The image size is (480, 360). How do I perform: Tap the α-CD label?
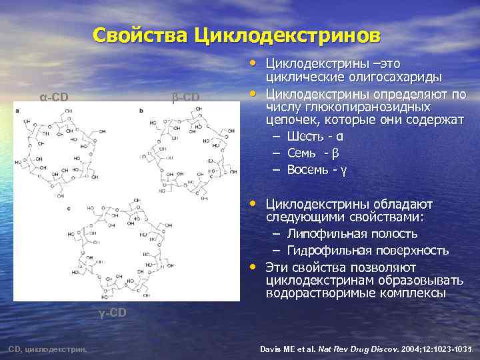point(54,97)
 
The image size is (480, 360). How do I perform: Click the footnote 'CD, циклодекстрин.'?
point(51,348)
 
